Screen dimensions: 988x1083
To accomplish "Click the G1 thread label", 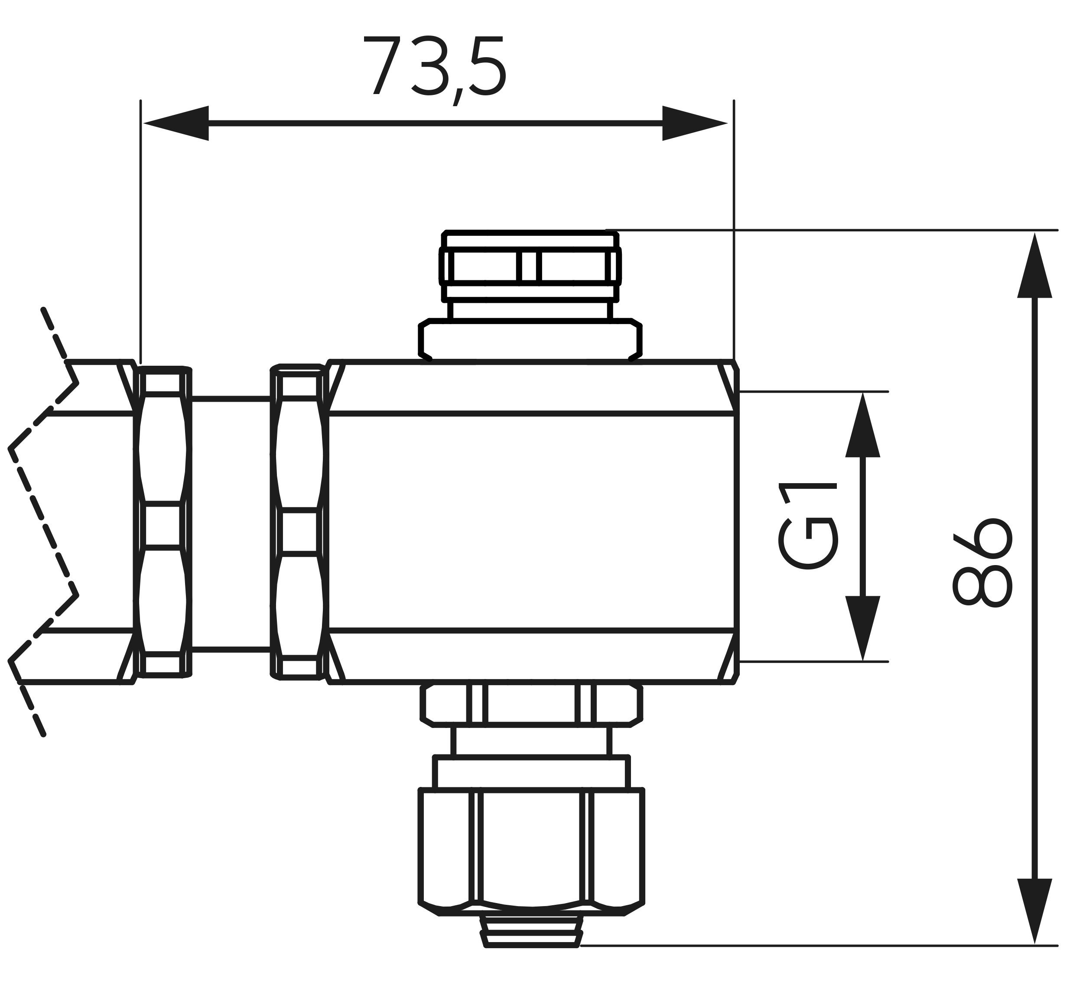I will pos(807,526).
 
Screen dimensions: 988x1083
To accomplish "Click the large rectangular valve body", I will pos(532,521).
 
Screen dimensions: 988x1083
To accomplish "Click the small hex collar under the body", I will pos(532,705).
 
